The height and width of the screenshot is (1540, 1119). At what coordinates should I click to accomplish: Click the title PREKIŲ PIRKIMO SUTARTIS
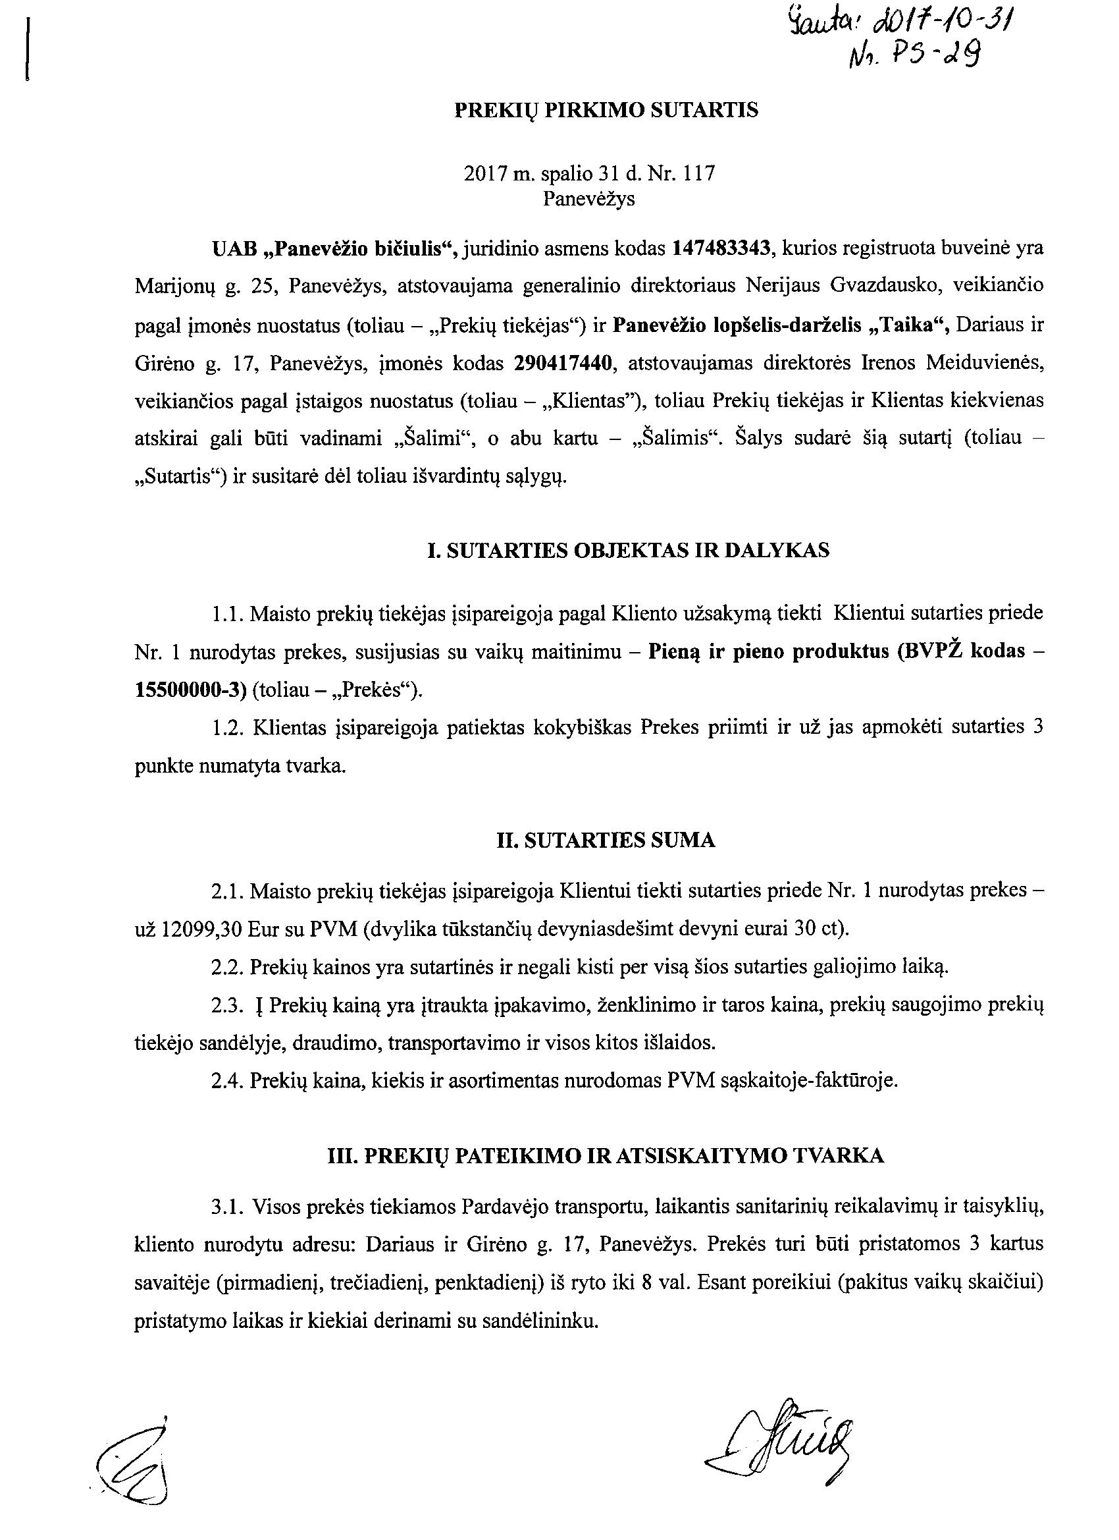(606, 110)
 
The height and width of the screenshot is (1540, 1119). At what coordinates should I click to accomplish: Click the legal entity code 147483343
(723, 248)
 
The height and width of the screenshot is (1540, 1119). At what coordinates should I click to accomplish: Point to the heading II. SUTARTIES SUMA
(606, 840)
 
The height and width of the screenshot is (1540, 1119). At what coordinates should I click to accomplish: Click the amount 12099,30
(202, 927)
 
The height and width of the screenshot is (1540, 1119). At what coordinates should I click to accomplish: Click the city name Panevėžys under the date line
(589, 199)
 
